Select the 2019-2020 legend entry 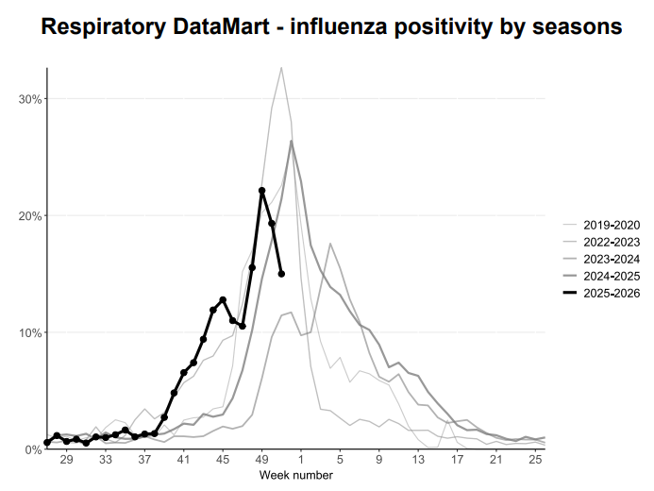pyautogui.click(x=612, y=225)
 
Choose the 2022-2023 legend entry pyautogui.click(x=612, y=242)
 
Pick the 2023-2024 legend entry pyautogui.click(x=612, y=260)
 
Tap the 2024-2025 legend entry pyautogui.click(x=612, y=277)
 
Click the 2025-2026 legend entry pyautogui.click(x=612, y=295)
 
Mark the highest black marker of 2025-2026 pyautogui.click(x=261, y=191)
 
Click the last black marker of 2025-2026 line pyautogui.click(x=281, y=274)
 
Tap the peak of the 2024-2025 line pyautogui.click(x=292, y=141)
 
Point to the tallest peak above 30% pyautogui.click(x=281, y=67)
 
